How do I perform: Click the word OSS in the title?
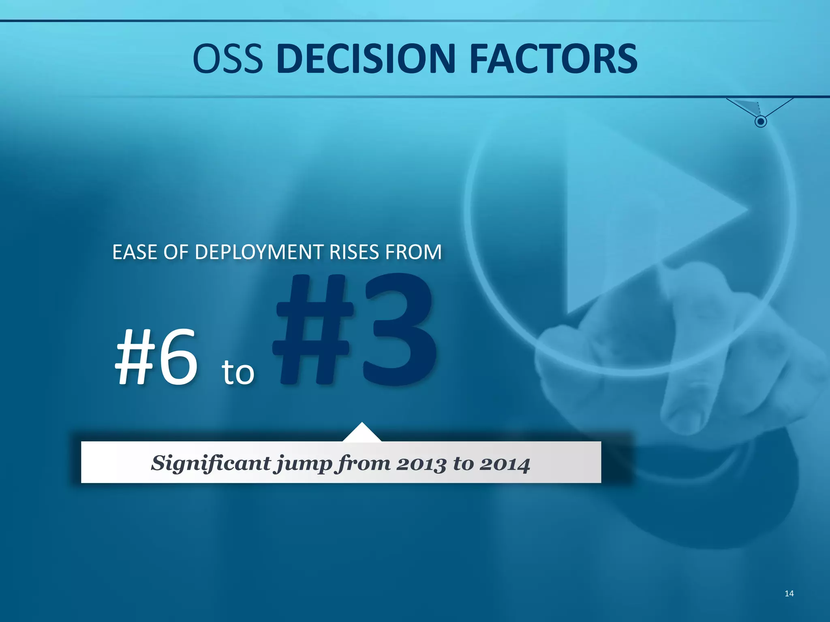228,59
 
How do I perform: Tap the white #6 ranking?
157,357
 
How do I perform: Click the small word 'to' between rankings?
238,372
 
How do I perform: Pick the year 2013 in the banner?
421,464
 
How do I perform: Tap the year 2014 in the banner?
505,464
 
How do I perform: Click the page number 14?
789,594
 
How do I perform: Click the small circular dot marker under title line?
761,121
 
